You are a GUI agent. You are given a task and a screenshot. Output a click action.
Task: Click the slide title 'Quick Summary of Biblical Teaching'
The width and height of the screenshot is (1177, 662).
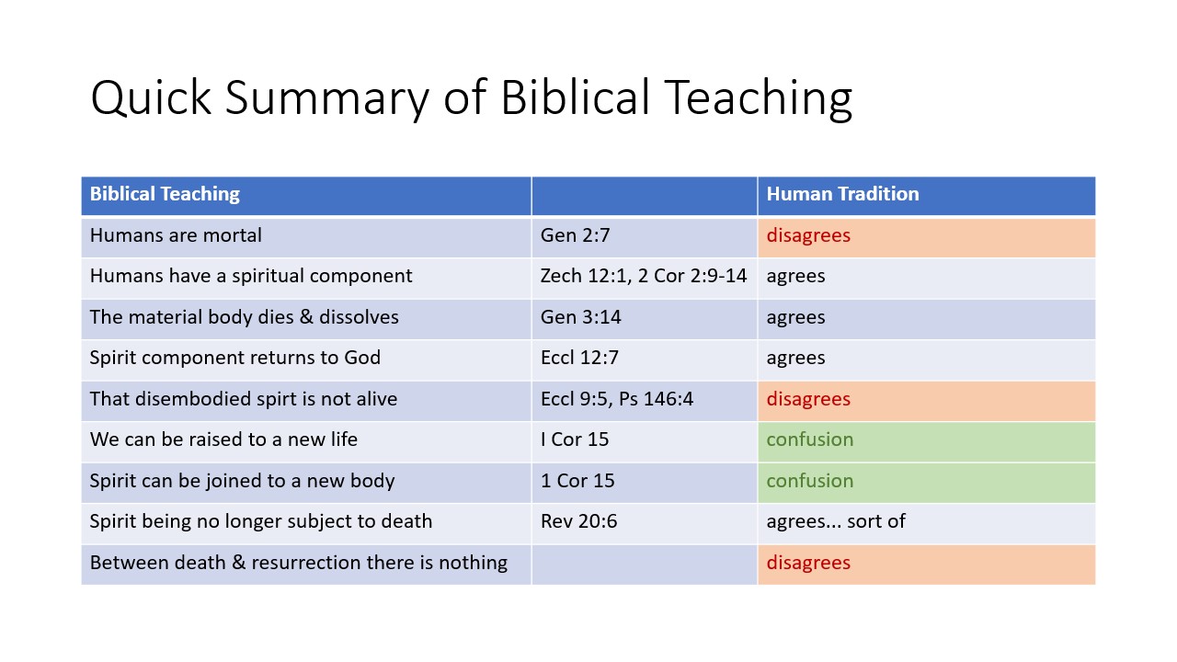471,97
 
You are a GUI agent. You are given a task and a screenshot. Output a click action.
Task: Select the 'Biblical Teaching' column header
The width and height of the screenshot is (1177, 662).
165,194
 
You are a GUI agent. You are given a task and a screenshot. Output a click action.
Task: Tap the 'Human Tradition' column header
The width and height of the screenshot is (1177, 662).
842,194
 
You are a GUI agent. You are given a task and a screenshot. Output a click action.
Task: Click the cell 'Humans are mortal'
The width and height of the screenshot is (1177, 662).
176,235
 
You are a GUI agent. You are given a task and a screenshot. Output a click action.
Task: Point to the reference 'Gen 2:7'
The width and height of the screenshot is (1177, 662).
576,235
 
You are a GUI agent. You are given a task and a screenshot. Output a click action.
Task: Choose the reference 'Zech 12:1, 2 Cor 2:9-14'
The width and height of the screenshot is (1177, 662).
644,276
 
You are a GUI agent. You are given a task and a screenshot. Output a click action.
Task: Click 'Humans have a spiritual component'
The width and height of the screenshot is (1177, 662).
251,276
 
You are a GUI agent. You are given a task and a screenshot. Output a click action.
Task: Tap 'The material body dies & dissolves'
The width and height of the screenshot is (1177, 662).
245,317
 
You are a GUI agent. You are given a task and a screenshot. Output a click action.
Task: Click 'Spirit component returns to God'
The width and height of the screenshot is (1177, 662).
235,358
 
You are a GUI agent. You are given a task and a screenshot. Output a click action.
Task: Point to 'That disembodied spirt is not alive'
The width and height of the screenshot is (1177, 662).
244,399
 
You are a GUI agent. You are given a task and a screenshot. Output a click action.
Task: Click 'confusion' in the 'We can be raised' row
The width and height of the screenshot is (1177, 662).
810,439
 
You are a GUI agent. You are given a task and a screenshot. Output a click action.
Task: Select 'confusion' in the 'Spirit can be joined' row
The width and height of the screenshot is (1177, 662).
810,481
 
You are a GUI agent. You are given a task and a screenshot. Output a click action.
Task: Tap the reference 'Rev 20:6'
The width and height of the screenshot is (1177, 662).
579,521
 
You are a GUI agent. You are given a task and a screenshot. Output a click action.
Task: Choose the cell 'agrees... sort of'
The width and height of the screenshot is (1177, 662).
836,521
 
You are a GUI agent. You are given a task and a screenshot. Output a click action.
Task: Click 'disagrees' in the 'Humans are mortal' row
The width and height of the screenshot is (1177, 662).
808,235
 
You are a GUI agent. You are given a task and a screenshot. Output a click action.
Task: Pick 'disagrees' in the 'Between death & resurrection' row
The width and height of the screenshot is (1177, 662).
808,563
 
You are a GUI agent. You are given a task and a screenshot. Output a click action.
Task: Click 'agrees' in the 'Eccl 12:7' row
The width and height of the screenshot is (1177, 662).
795,358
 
